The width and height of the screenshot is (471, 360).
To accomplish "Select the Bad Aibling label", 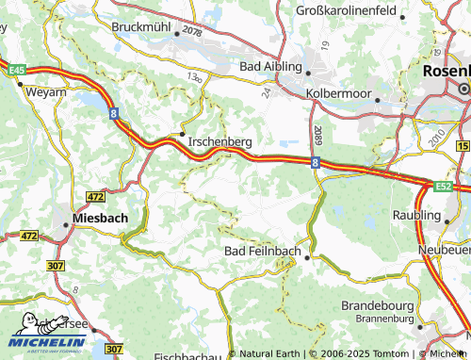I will click(270, 67).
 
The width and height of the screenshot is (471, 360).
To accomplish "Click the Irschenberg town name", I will click(219, 141).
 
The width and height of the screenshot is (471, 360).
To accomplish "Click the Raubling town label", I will click(443, 214).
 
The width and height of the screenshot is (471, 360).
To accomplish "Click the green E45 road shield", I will click(16, 70).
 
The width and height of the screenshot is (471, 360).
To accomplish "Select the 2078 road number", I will click(193, 32).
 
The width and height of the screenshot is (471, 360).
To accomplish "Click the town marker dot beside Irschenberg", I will click(182, 135).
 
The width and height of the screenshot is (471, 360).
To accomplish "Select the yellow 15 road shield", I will click(463, 145).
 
